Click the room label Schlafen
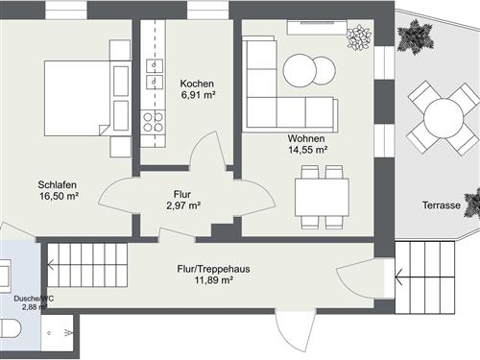coord(58,184)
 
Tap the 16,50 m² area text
coord(58,196)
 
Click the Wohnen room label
coord(307,138)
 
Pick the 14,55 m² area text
coord(307,150)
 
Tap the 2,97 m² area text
coord(181,204)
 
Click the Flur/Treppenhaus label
coord(213,270)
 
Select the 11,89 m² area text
coord(213,281)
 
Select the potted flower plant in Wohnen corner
coord(358,38)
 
